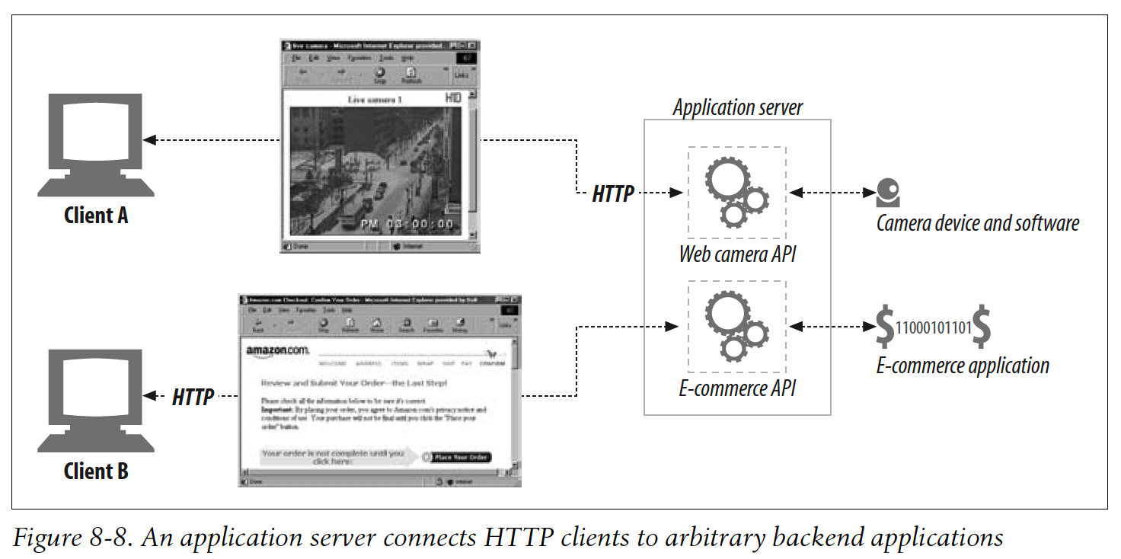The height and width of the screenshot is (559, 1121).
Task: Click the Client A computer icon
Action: pos(95,145)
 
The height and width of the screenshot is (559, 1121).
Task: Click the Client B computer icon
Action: pos(95,401)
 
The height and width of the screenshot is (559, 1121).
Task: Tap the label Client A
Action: pos(96,216)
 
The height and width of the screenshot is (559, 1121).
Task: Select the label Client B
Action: pos(96,471)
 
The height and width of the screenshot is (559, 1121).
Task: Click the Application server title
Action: pos(737,107)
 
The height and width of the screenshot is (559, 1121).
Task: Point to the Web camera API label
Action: pos(737,254)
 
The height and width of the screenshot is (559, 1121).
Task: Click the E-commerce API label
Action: pos(737,388)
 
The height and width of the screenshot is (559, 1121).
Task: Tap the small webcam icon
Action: pos(887,193)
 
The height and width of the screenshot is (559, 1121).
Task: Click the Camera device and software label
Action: pos(977,223)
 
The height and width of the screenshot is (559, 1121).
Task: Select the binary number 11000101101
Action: pos(934,328)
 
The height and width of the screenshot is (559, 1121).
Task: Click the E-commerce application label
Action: pos(963,366)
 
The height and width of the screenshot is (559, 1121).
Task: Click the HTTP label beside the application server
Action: pos(613,194)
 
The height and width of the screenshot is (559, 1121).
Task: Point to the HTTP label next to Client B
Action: pos(193,396)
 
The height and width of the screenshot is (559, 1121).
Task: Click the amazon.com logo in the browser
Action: pos(277,350)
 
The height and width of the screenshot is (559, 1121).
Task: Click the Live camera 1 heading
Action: pos(374,100)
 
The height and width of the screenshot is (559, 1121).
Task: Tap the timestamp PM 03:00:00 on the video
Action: pos(407,224)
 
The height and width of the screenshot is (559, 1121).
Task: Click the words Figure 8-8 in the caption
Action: pos(62,538)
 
